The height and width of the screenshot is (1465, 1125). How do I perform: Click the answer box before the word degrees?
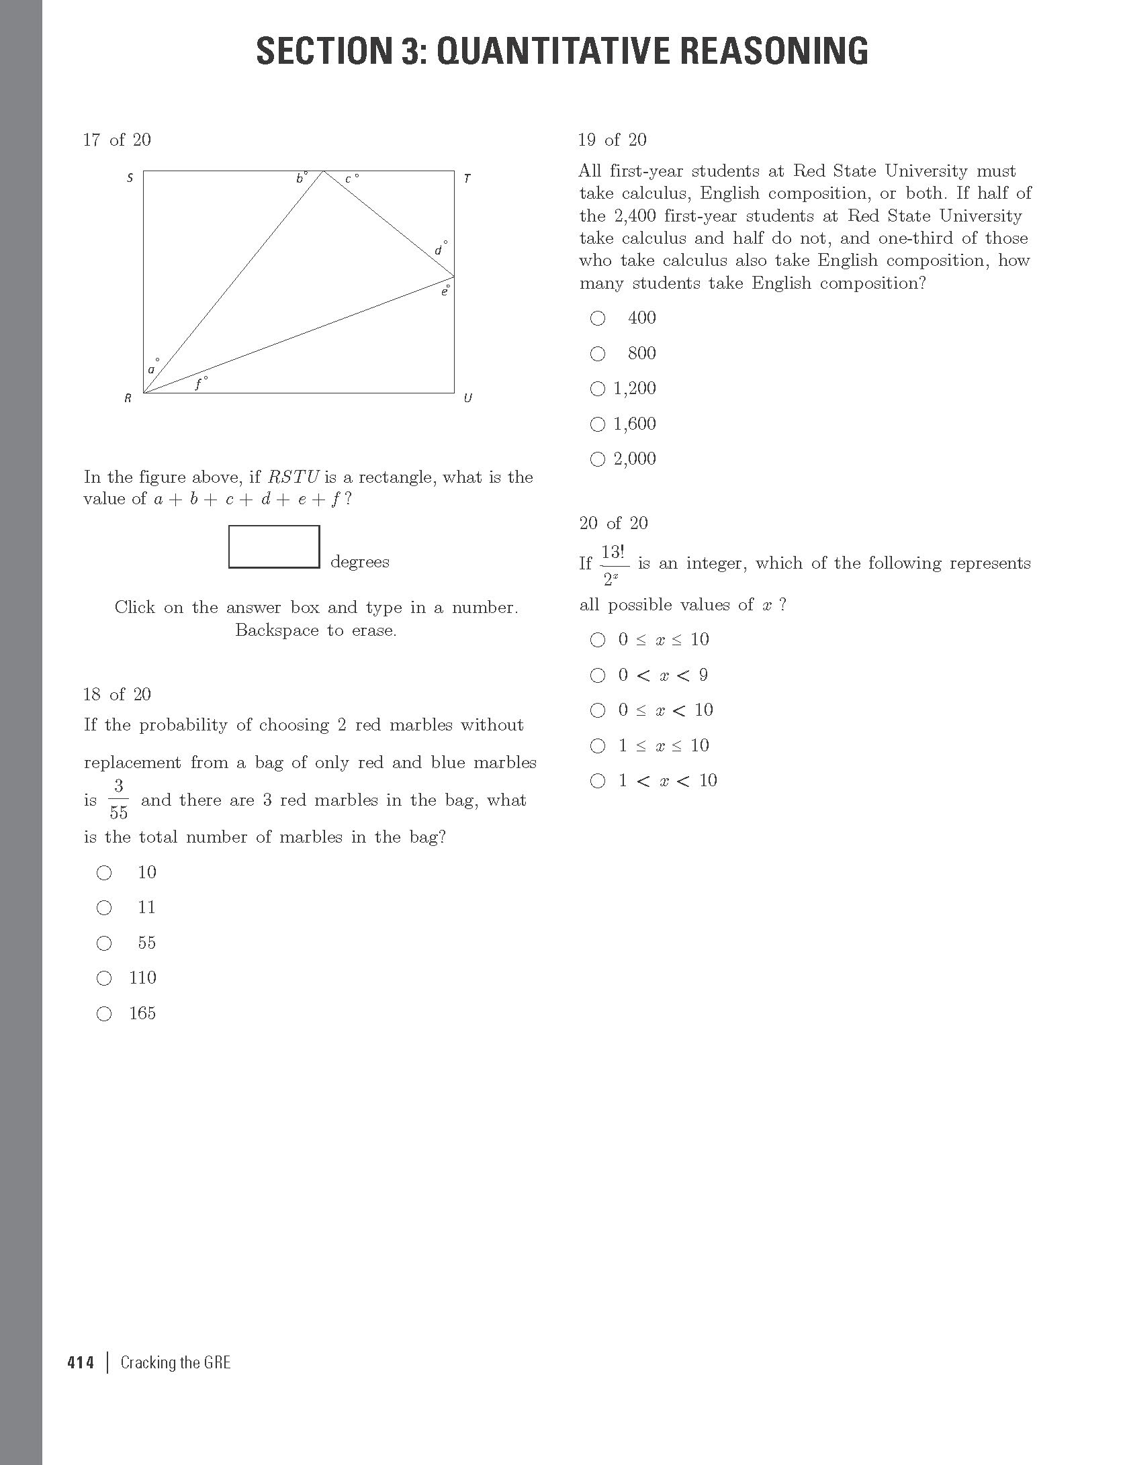click(274, 547)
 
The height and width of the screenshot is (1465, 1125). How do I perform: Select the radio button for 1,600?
click(597, 424)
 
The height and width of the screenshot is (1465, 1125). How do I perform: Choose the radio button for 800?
click(597, 354)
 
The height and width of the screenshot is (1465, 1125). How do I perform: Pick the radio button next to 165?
click(104, 1014)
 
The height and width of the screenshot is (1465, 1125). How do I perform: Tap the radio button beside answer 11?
click(104, 908)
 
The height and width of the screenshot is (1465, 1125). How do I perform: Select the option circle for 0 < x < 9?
click(597, 675)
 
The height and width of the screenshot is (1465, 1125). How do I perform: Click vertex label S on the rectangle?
click(130, 178)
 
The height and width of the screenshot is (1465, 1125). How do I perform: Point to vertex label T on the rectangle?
click(467, 179)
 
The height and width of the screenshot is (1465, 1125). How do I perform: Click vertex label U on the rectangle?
click(467, 398)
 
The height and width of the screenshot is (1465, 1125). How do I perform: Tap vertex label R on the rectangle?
click(128, 398)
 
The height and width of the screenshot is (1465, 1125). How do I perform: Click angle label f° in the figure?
click(200, 384)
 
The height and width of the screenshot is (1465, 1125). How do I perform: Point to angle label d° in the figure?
click(439, 250)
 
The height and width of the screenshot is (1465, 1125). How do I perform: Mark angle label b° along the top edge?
click(302, 178)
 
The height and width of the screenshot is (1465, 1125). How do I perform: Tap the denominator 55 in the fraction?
click(118, 812)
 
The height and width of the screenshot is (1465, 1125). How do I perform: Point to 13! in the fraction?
click(613, 552)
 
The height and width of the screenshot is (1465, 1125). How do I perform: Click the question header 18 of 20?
click(118, 694)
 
